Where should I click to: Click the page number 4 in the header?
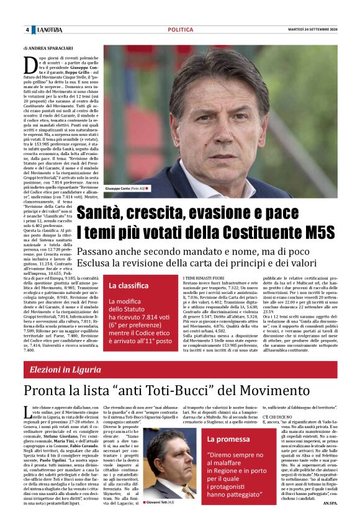27,30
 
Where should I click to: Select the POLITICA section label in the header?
180,30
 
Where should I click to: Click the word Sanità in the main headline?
108,215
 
